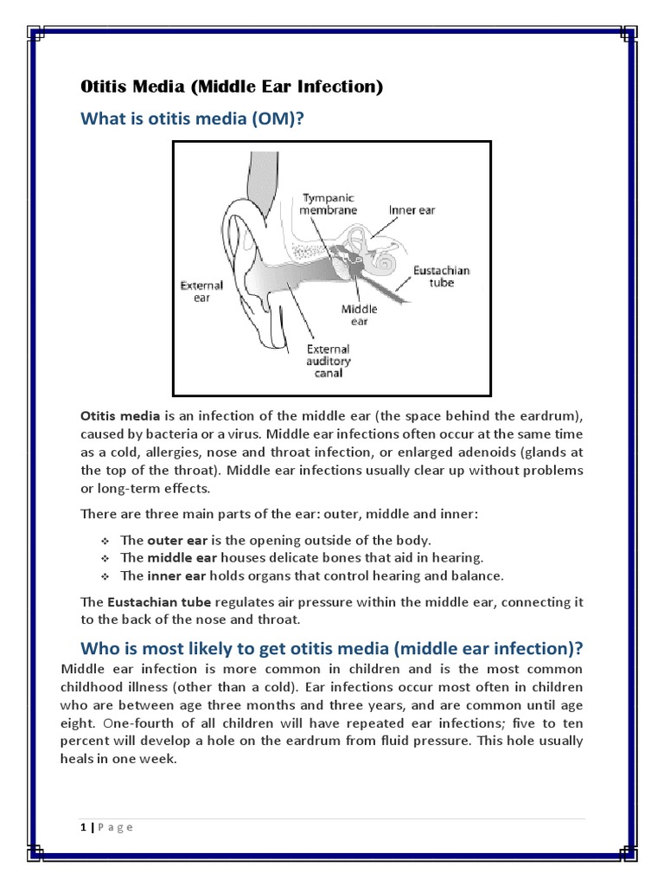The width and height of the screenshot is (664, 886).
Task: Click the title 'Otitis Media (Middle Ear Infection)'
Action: [x=232, y=87]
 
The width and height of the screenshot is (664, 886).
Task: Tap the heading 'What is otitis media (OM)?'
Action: [x=192, y=119]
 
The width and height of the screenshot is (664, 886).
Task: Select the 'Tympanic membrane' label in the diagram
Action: [x=328, y=204]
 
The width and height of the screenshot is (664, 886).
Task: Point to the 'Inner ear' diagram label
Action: [x=412, y=210]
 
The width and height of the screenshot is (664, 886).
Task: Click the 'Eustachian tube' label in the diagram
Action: [x=442, y=276]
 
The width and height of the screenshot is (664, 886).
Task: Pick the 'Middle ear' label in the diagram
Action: [x=359, y=315]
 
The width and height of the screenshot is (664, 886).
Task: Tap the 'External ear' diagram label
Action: [x=201, y=292]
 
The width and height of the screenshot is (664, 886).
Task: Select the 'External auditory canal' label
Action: [x=328, y=361]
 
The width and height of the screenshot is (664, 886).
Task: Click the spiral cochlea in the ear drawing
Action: [x=387, y=260]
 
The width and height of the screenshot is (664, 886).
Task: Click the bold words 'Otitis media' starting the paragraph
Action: [x=120, y=416]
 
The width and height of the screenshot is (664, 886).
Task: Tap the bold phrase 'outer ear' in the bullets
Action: [x=177, y=540]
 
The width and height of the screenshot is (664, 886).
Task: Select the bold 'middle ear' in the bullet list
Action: [x=182, y=558]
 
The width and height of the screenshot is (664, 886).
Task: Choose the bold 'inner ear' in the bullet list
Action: [x=176, y=575]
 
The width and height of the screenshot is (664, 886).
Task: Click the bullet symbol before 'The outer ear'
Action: [x=105, y=541]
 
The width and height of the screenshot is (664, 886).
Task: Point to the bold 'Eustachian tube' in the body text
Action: [x=159, y=602]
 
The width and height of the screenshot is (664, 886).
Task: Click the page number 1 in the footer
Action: [x=84, y=827]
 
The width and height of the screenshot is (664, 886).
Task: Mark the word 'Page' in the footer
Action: [x=115, y=828]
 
